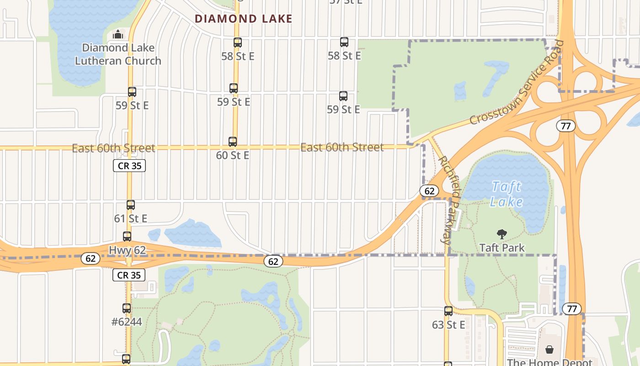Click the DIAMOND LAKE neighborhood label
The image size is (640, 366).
pos(243,19)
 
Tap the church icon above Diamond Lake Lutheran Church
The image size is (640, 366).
pos(118,34)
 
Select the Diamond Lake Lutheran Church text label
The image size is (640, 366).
pos(118,54)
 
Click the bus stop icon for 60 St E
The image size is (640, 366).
pos(233,142)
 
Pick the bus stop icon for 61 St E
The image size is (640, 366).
pos(131,205)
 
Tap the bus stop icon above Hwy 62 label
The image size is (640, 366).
pos(127,237)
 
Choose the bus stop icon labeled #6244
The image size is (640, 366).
pos(127,308)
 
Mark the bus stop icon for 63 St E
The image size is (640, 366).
pos(448,311)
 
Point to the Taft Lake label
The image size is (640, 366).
pos(506,194)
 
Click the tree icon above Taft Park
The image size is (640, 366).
pos(502,234)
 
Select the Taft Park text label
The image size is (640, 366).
pos(502,248)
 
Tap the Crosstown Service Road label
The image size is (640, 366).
pos(517,83)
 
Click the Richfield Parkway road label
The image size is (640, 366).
pos(450,199)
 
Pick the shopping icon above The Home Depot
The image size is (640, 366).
pos(549,350)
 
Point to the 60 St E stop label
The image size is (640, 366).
pos(233,156)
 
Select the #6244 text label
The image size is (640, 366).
pos(127,322)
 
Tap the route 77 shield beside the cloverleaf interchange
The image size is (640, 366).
pos(566,126)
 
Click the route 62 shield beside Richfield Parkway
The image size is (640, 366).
pos(429,191)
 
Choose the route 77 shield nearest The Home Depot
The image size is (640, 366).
pos(572,309)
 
